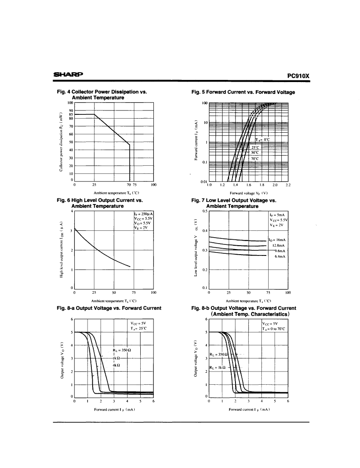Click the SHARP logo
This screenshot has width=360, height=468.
pyautogui.click(x=68, y=76)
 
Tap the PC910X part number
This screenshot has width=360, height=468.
pyautogui.click(x=298, y=76)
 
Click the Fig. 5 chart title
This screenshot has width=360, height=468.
pyautogui.click(x=243, y=92)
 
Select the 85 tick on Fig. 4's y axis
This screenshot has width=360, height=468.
pyautogui.click(x=71, y=114)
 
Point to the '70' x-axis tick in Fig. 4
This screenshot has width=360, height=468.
pyautogui.click(x=128, y=185)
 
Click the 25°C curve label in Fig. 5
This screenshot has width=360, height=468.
pyautogui.click(x=256, y=147)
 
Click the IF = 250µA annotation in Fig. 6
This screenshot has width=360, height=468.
pyautogui.click(x=143, y=213)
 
